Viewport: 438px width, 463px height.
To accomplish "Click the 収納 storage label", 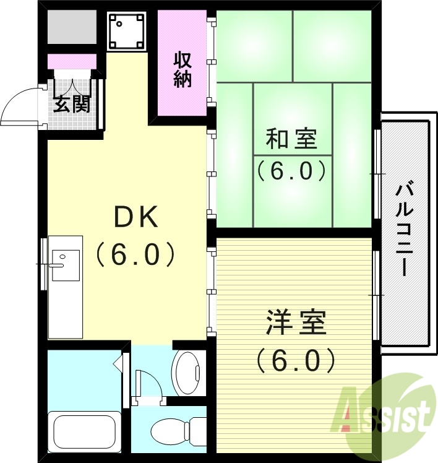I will (x=182, y=69).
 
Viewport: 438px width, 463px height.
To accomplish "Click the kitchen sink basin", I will (x=65, y=265).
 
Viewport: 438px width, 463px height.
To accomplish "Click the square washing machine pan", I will (x=127, y=30).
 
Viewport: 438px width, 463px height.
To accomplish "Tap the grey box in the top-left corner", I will (x=72, y=27).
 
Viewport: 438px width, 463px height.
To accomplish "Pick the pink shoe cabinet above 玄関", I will (x=72, y=61).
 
